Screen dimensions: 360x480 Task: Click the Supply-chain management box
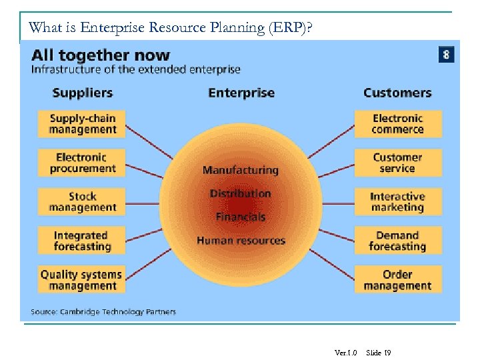82,124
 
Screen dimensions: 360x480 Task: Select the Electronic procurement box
81,163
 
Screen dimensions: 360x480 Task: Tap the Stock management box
82,202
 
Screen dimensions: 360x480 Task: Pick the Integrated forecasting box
82,241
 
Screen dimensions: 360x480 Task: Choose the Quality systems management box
81,280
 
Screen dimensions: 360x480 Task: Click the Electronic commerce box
397,124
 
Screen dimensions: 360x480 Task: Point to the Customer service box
397,163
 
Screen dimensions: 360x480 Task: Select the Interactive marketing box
397,202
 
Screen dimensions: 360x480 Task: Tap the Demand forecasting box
397,241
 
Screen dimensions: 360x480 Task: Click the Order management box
397,280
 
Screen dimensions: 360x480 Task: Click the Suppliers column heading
82,93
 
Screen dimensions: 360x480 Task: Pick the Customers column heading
397,93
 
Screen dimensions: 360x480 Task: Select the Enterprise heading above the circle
241,93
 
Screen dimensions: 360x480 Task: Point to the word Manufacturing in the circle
240,170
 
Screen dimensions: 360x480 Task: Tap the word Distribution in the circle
240,193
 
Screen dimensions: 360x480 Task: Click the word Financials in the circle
240,217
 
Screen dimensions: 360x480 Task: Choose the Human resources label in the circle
241,241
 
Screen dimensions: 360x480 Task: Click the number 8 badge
446,54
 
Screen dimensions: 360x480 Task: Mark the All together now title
101,55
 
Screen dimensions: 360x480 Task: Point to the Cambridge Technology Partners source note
103,312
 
